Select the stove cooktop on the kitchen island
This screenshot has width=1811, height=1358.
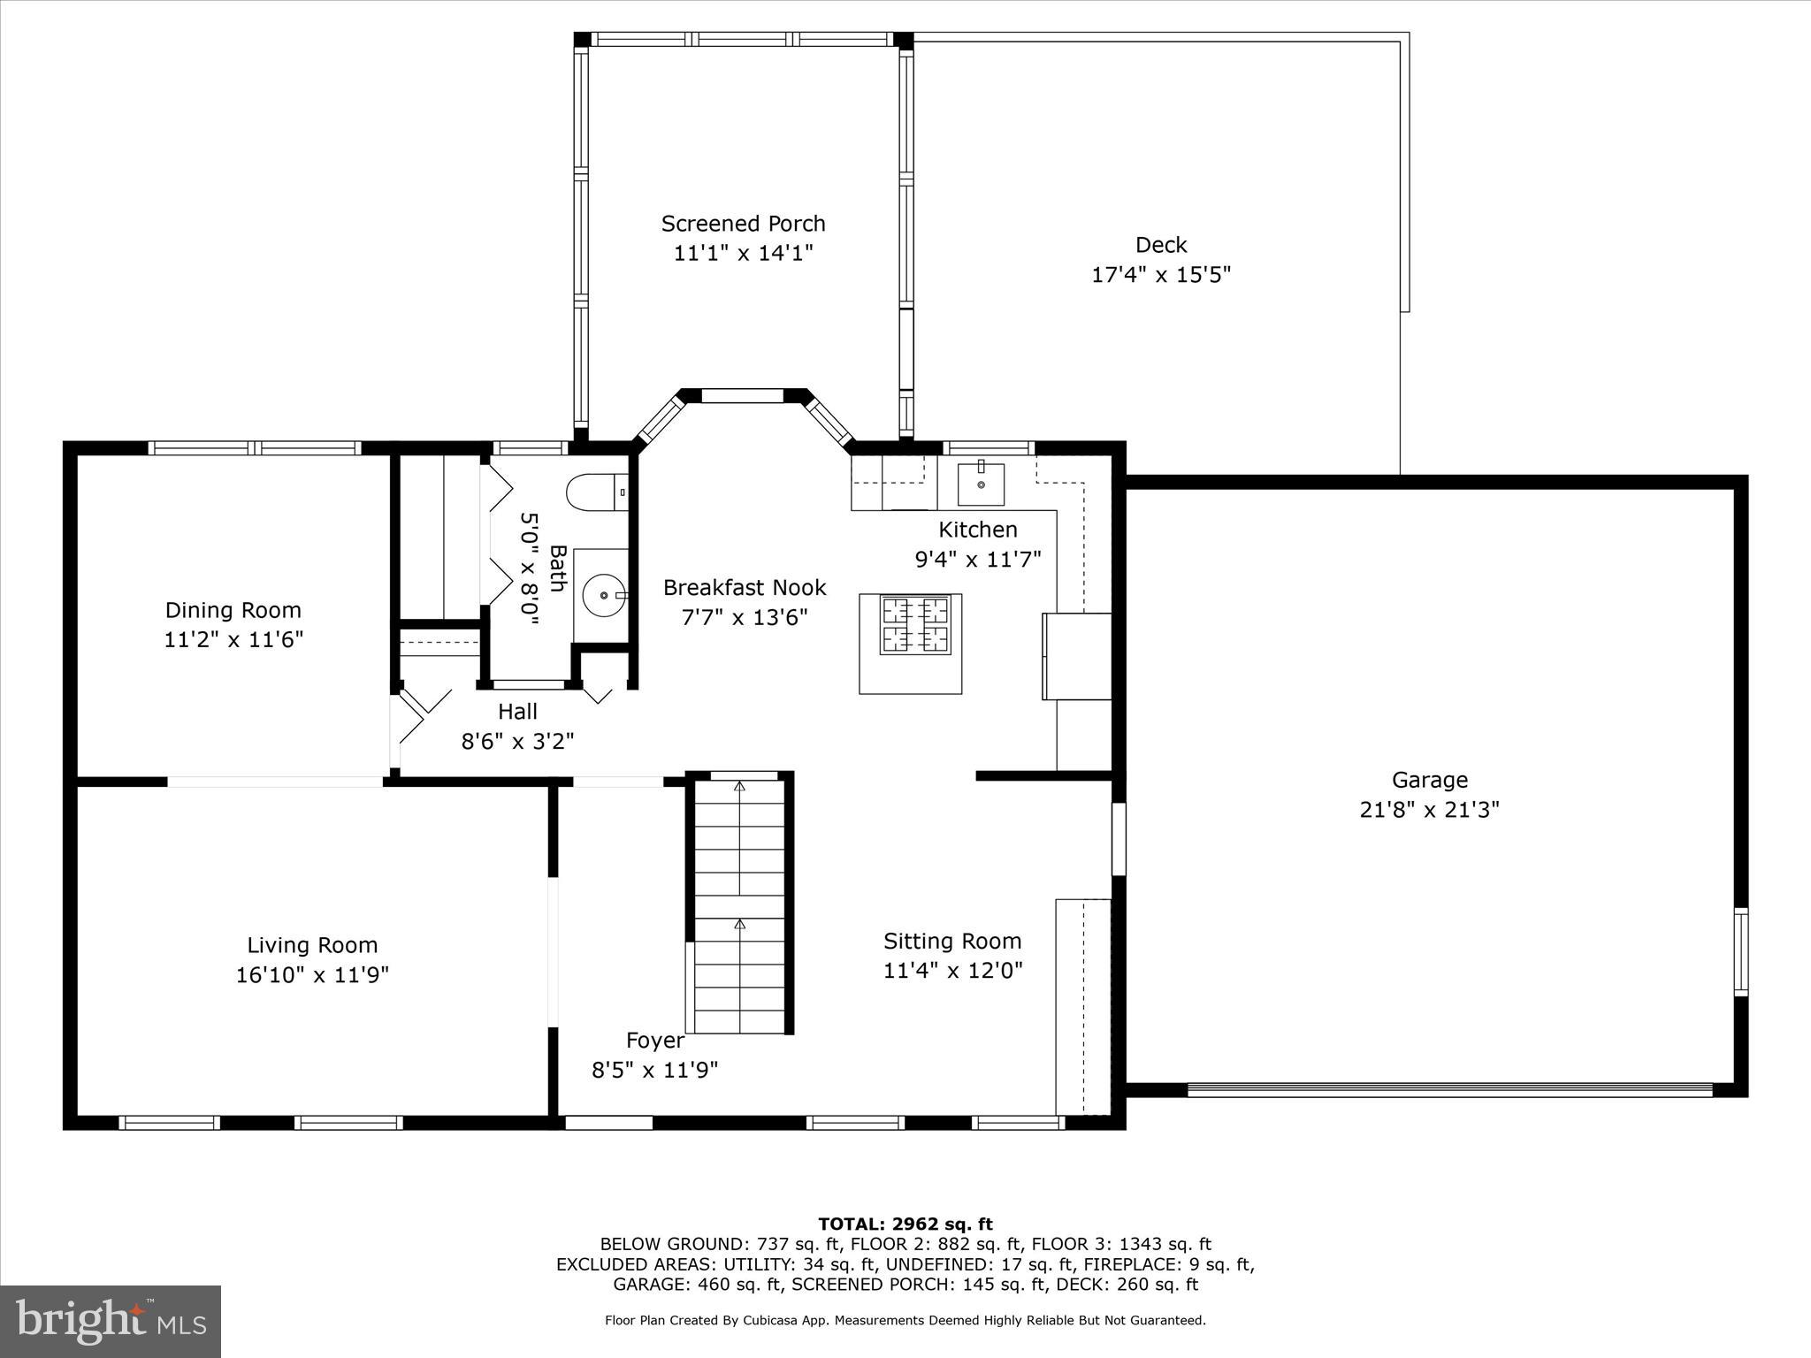pyautogui.click(x=914, y=625)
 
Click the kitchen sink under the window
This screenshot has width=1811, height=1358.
pyautogui.click(x=981, y=484)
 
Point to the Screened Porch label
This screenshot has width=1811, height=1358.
pyautogui.click(x=743, y=224)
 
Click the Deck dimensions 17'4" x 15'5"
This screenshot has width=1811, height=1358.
pyautogui.click(x=1160, y=275)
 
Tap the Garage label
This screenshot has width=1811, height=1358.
pyautogui.click(x=1429, y=780)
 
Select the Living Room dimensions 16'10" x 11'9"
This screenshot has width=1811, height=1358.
pyautogui.click(x=312, y=975)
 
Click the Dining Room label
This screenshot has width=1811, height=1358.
pyautogui.click(x=233, y=610)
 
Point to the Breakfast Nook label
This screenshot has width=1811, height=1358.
pyautogui.click(x=745, y=588)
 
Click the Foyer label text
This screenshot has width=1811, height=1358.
pyautogui.click(x=654, y=1041)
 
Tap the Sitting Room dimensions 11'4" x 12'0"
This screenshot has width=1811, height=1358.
pyautogui.click(x=952, y=971)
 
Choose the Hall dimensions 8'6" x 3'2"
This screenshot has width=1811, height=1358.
pyautogui.click(x=517, y=741)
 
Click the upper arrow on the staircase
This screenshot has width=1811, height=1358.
pyautogui.click(x=740, y=786)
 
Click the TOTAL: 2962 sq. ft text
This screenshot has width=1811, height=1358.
pyautogui.click(x=905, y=1224)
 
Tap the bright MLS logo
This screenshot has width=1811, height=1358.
pyautogui.click(x=111, y=1322)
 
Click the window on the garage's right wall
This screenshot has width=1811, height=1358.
pyautogui.click(x=1740, y=951)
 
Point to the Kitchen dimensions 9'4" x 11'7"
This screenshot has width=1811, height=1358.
pyautogui.click(x=977, y=560)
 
